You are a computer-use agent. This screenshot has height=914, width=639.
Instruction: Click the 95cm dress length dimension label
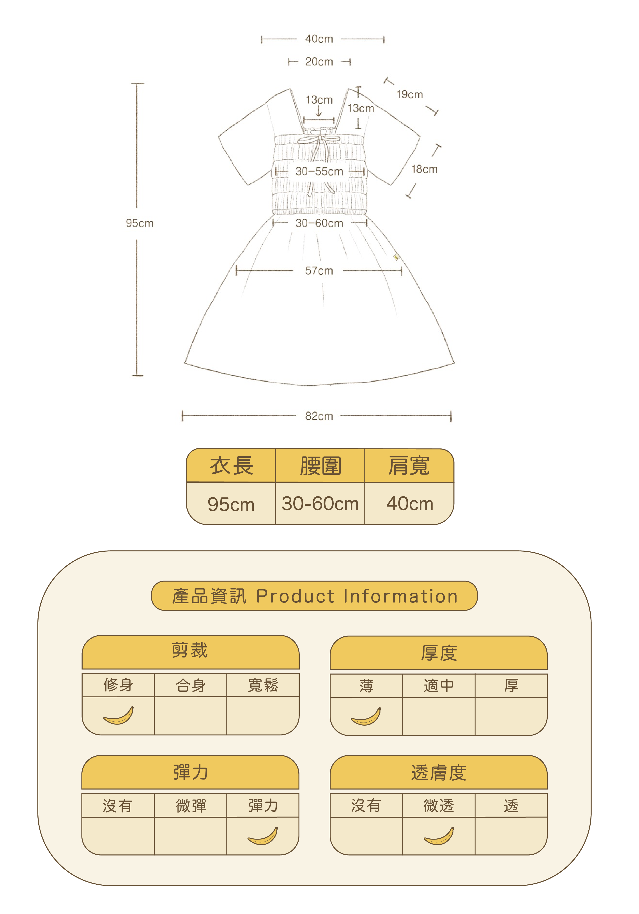pos(139,223)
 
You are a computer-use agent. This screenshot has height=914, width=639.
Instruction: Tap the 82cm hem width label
pos(319,416)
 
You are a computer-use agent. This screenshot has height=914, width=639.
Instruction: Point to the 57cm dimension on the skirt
pos(319,271)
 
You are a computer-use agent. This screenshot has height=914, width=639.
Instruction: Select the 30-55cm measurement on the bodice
pos(319,172)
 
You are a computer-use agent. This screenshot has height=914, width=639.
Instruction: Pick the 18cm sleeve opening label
pos(424,170)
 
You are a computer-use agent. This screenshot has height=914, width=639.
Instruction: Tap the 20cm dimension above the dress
pos(319,62)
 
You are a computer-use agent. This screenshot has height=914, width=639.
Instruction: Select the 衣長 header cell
pos(231,466)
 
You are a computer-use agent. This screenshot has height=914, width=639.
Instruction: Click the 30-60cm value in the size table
pos(320,504)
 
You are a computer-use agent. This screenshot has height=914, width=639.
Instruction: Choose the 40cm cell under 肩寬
pos(409,504)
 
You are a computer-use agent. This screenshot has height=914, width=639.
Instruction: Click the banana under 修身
pos(119,716)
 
